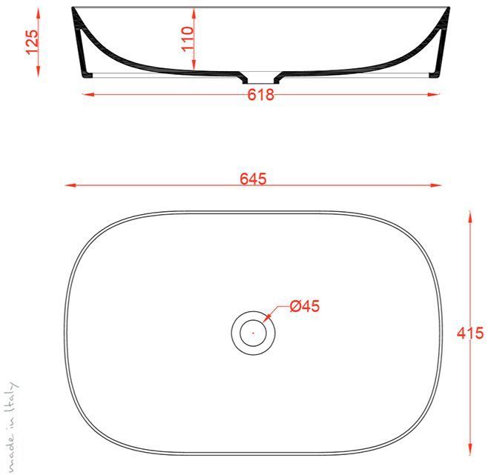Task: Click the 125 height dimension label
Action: pyautogui.click(x=31, y=41)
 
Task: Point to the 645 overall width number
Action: pyautogui.click(x=253, y=179)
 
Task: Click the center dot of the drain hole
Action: pyautogui.click(x=252, y=333)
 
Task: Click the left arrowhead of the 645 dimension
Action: pyautogui.click(x=69, y=185)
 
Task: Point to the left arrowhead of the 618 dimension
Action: pyautogui.click(x=85, y=94)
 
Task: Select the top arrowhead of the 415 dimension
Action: pyautogui.click(x=469, y=215)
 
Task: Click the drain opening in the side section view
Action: pyautogui.click(x=260, y=76)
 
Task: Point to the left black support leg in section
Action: pyautogui.click(x=86, y=56)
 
